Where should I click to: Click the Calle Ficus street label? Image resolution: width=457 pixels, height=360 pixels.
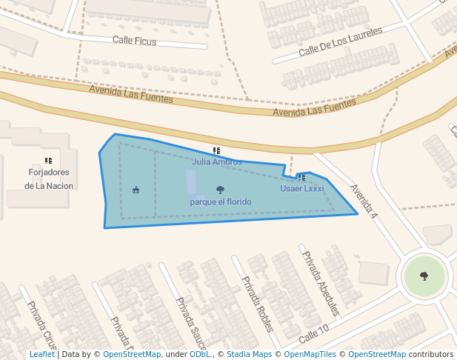(134, 41)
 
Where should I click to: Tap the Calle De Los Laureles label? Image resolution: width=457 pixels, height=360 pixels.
(340, 42)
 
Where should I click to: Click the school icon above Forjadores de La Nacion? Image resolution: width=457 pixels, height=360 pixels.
(49, 161)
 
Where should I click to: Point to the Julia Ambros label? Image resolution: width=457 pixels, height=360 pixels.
(216, 161)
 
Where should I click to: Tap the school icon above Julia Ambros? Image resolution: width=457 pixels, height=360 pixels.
(216, 151)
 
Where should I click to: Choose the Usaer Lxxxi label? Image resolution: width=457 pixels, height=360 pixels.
(301, 189)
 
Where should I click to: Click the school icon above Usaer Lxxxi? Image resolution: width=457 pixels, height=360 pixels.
(301, 178)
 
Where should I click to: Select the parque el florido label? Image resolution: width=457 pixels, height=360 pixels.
(220, 201)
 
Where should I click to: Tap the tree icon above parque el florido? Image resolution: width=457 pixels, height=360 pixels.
(220, 190)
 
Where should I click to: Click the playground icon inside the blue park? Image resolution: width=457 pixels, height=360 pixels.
(136, 190)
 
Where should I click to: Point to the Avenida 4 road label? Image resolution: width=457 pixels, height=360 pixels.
(364, 201)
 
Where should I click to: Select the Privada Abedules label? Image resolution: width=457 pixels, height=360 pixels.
(319, 283)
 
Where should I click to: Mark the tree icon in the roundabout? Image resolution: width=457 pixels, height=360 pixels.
(424, 276)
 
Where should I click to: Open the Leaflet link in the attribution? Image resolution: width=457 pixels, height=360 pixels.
(41, 355)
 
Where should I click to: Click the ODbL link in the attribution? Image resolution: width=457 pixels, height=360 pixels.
(199, 355)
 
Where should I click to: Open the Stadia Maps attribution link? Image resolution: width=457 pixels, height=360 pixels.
(249, 355)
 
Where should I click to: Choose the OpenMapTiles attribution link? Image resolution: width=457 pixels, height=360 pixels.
(310, 355)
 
